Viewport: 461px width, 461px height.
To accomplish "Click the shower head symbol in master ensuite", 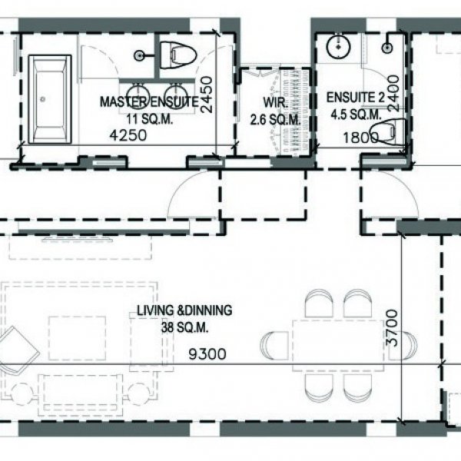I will (x=140, y=55).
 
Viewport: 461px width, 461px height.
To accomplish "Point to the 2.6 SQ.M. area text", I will (x=276, y=119).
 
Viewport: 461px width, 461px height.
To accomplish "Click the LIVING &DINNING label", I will (x=184, y=311).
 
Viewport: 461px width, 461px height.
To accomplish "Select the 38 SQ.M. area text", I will (x=184, y=326).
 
